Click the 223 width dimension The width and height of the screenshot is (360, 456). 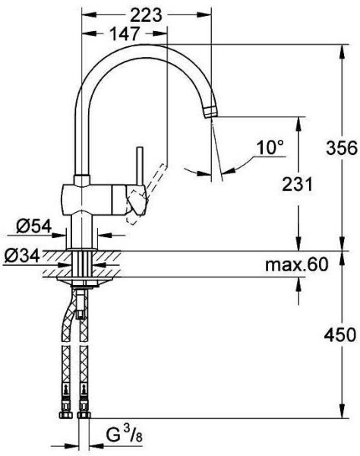[146, 15]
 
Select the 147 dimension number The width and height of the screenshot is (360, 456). [125, 33]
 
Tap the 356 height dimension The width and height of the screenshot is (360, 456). [341, 147]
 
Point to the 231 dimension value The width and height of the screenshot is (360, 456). [297, 184]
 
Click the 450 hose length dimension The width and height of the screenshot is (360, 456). [340, 334]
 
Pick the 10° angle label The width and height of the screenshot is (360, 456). [270, 147]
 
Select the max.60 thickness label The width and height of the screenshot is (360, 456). [297, 264]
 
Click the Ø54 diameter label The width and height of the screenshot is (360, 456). [33, 226]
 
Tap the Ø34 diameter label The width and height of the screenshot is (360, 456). [22, 256]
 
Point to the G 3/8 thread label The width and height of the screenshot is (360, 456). [124, 435]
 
